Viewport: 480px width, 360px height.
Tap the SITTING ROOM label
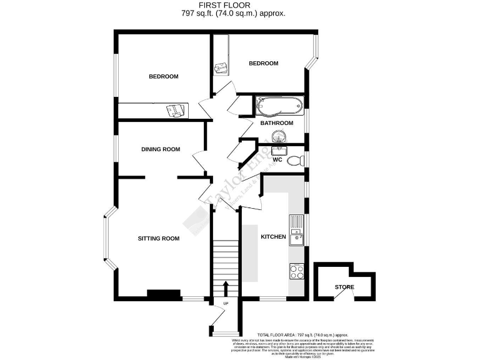point(159,238)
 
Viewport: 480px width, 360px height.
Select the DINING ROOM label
point(161,149)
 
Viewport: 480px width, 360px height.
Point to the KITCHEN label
point(273,237)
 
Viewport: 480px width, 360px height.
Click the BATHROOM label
point(277,123)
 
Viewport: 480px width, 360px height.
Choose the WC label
point(277,160)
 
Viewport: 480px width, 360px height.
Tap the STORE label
point(344,287)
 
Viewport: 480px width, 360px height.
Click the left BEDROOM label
point(163,76)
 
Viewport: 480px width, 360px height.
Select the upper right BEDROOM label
point(263,63)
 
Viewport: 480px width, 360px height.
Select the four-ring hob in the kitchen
point(296,271)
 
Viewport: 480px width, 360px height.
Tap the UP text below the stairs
point(226,304)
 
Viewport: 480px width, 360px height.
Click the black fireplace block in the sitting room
point(159,294)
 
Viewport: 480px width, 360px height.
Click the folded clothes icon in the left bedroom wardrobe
point(176,111)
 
